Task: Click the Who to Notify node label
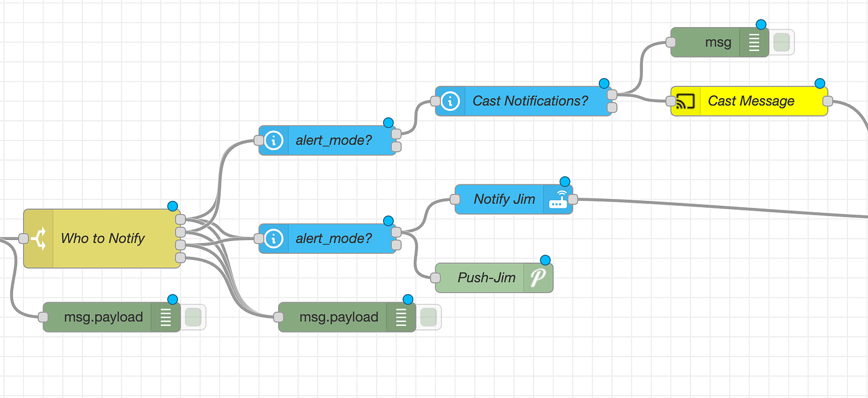pyautogui.click(x=103, y=239)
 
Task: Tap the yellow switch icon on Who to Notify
pyautogui.click(x=38, y=239)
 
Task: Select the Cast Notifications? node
pyautogui.click(x=530, y=101)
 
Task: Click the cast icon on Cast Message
pyautogui.click(x=686, y=101)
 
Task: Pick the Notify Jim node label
pyautogui.click(x=504, y=199)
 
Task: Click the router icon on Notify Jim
pyautogui.click(x=558, y=200)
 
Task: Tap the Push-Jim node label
pyautogui.click(x=486, y=278)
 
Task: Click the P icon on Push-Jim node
pyautogui.click(x=538, y=278)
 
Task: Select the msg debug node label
pyautogui.click(x=718, y=42)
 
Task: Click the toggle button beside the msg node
pyautogui.click(x=781, y=42)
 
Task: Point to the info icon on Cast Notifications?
pyautogui.click(x=450, y=101)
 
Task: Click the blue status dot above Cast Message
pyautogui.click(x=820, y=84)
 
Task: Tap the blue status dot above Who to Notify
pyautogui.click(x=173, y=206)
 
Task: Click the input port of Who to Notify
pyautogui.click(x=24, y=239)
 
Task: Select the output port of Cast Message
pyautogui.click(x=828, y=101)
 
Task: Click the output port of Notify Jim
pyautogui.click(x=573, y=200)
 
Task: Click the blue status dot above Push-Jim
pyautogui.click(x=545, y=260)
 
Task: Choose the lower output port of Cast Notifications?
pyautogui.click(x=612, y=108)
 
